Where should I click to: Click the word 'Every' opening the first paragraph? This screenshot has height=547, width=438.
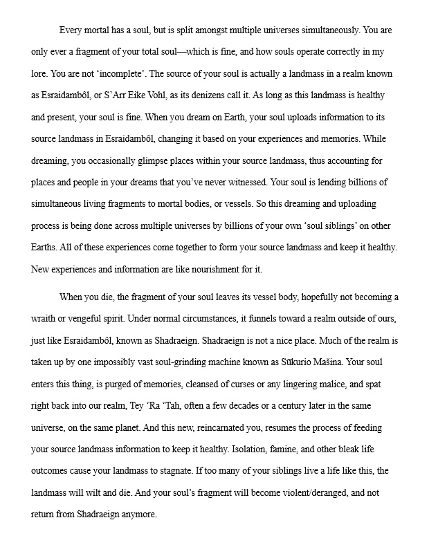coord(73,30)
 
